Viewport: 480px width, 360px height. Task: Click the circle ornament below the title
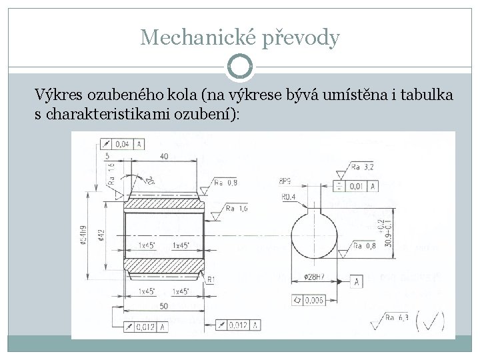point(240,67)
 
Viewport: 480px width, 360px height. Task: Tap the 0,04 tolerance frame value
point(122,144)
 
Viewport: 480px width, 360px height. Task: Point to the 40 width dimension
point(164,156)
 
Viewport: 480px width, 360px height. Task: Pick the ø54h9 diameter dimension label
point(83,235)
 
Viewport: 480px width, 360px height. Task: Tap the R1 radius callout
point(211,279)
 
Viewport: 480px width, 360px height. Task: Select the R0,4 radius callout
point(289,197)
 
